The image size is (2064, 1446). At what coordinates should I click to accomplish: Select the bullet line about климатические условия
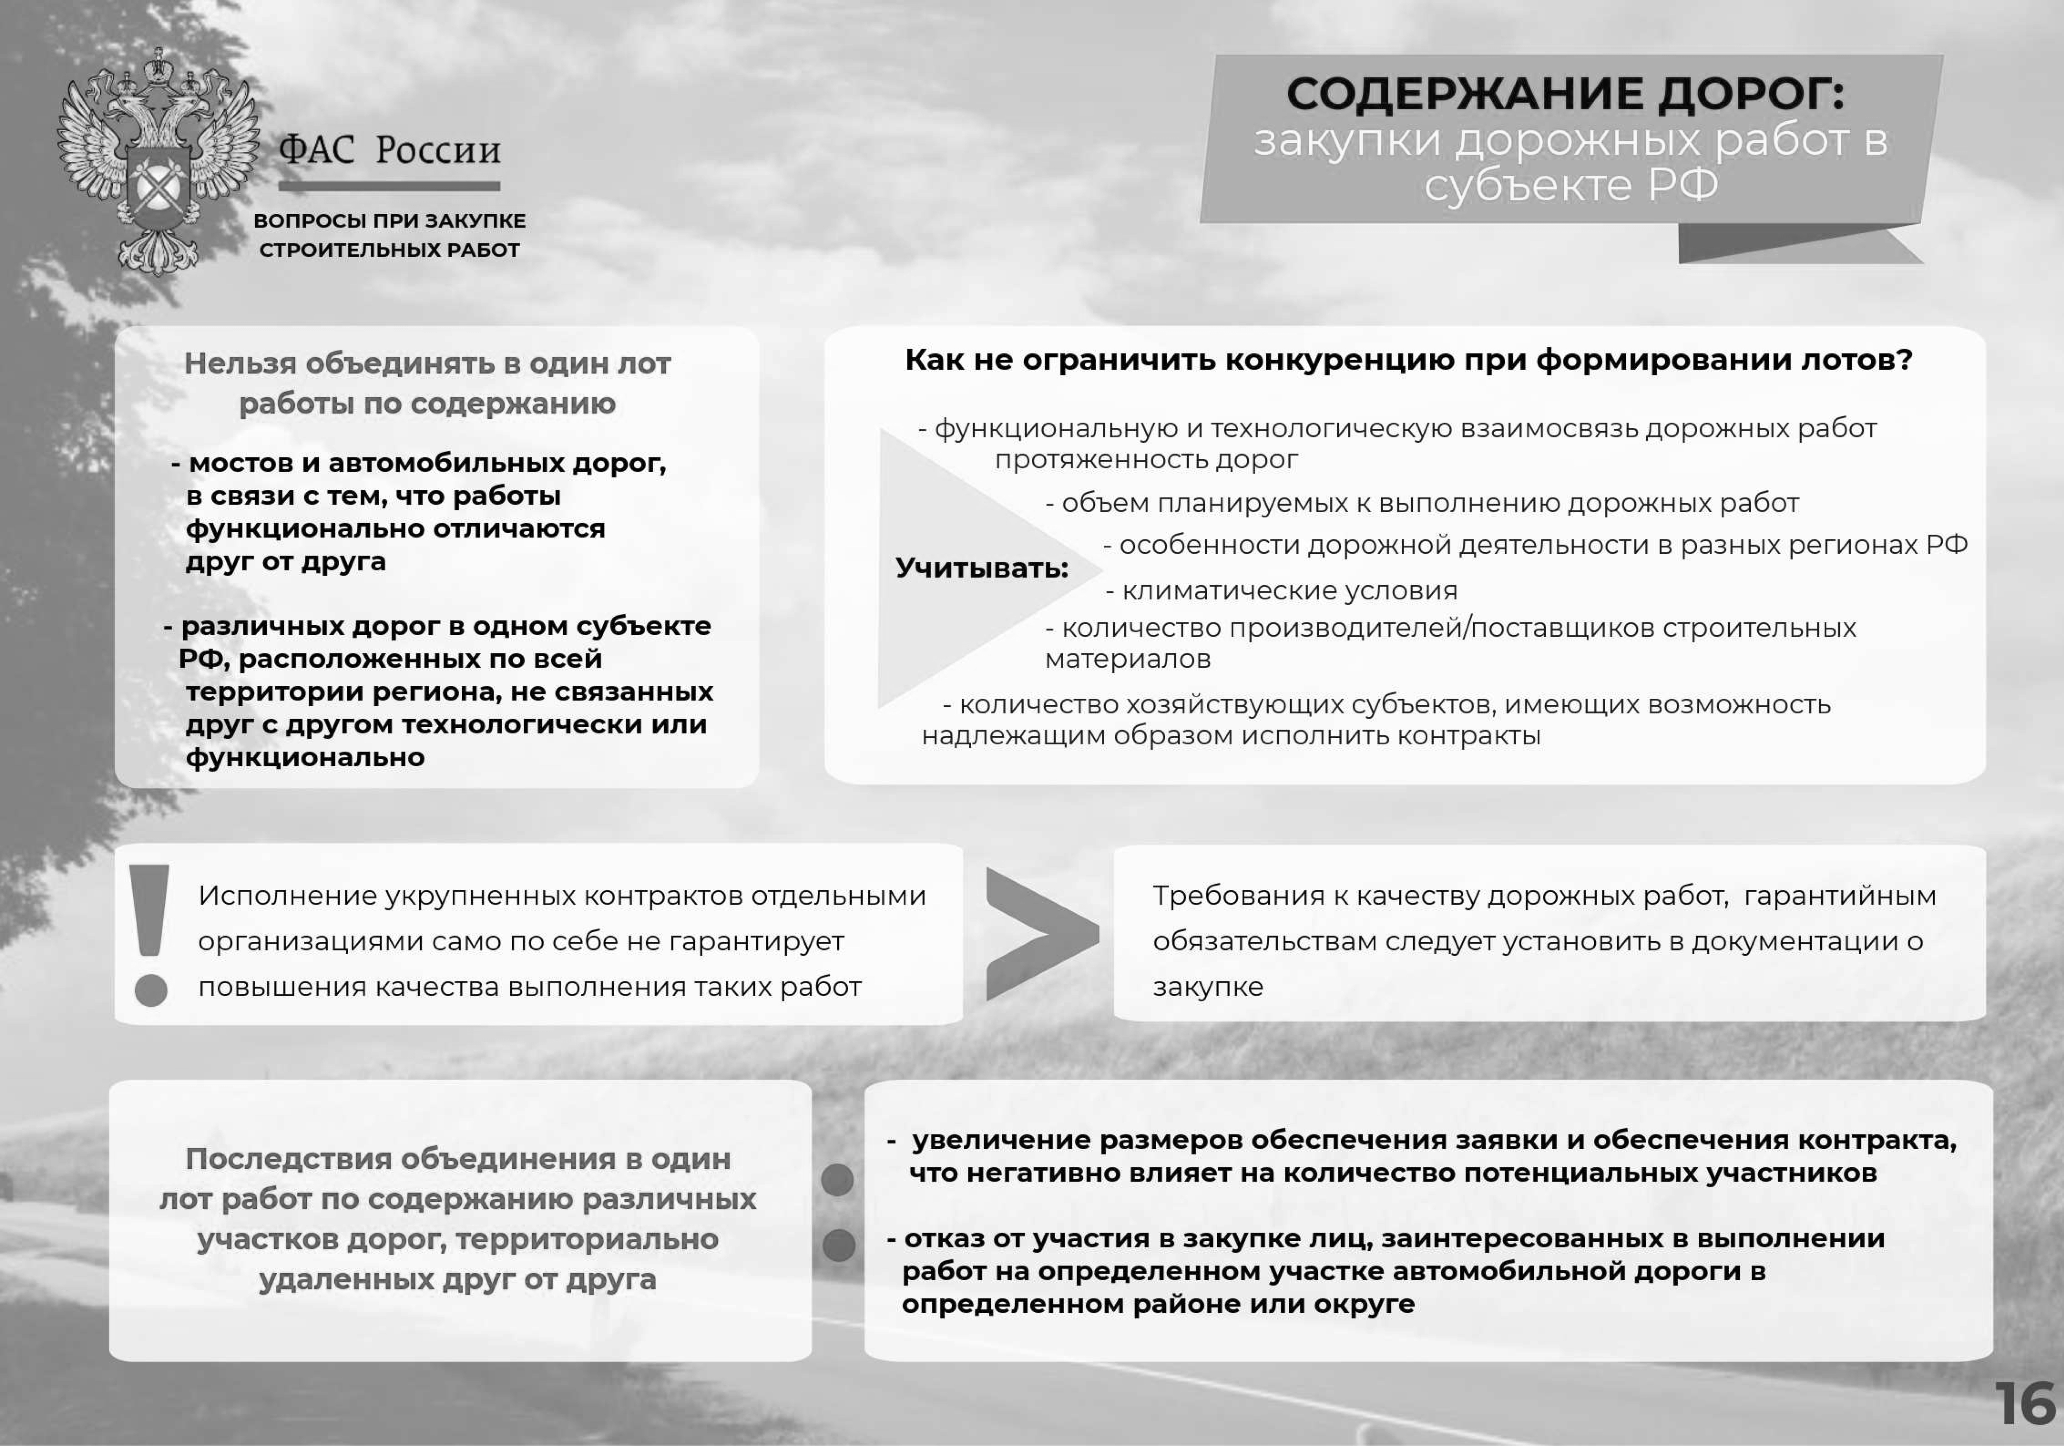1281,591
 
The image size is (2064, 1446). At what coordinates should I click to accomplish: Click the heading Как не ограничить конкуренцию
1408,360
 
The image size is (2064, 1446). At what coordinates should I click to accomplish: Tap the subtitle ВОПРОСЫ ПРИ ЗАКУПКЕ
389,220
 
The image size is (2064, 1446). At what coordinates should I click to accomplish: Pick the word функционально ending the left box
305,757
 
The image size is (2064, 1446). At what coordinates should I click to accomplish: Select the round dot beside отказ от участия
839,1245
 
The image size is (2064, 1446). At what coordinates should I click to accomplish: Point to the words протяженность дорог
1146,459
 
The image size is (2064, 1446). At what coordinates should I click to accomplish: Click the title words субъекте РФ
1571,185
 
